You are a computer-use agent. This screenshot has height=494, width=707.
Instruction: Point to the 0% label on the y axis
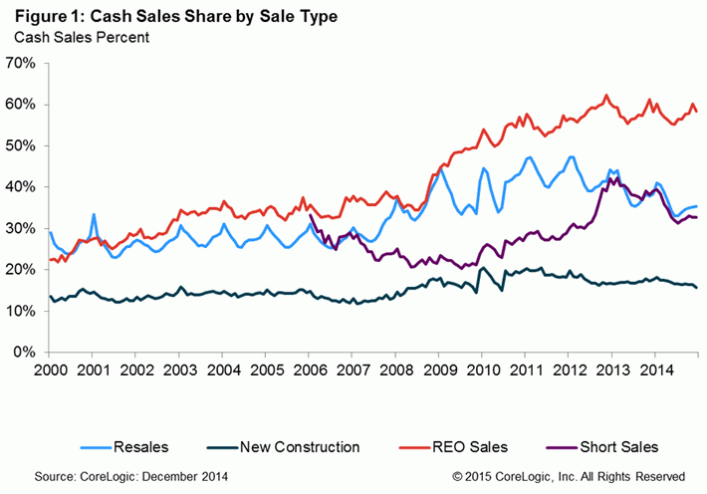point(27,353)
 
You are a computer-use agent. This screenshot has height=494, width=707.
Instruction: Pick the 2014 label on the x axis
point(655,370)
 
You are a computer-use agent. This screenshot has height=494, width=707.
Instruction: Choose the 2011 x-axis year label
point(526,370)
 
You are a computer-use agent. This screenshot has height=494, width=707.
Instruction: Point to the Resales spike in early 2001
point(94,215)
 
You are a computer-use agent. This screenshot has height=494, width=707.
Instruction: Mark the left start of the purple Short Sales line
point(310,214)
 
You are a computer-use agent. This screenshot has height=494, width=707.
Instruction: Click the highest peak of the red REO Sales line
point(606,96)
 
